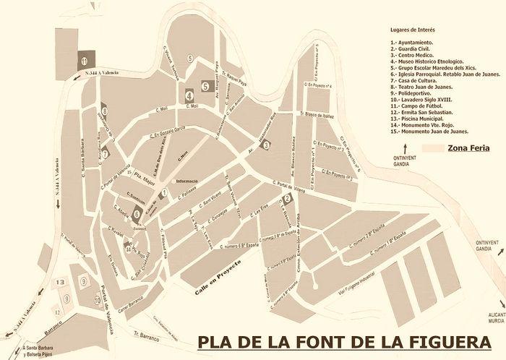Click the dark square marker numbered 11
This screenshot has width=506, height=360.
[85, 61]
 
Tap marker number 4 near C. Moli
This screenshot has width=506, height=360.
[189, 94]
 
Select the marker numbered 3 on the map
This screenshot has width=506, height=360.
[266, 145]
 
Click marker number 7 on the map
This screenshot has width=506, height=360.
[105, 153]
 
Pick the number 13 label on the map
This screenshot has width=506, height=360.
[61, 282]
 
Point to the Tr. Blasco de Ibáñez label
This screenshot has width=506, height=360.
[319, 114]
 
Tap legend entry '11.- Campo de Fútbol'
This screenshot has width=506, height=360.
[420, 106]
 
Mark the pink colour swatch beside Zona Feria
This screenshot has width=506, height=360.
[432, 147]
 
